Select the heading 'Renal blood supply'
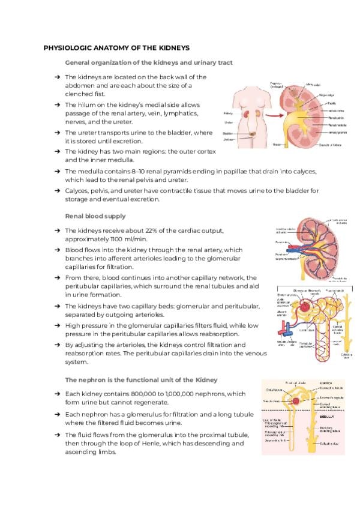click(95, 215)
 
